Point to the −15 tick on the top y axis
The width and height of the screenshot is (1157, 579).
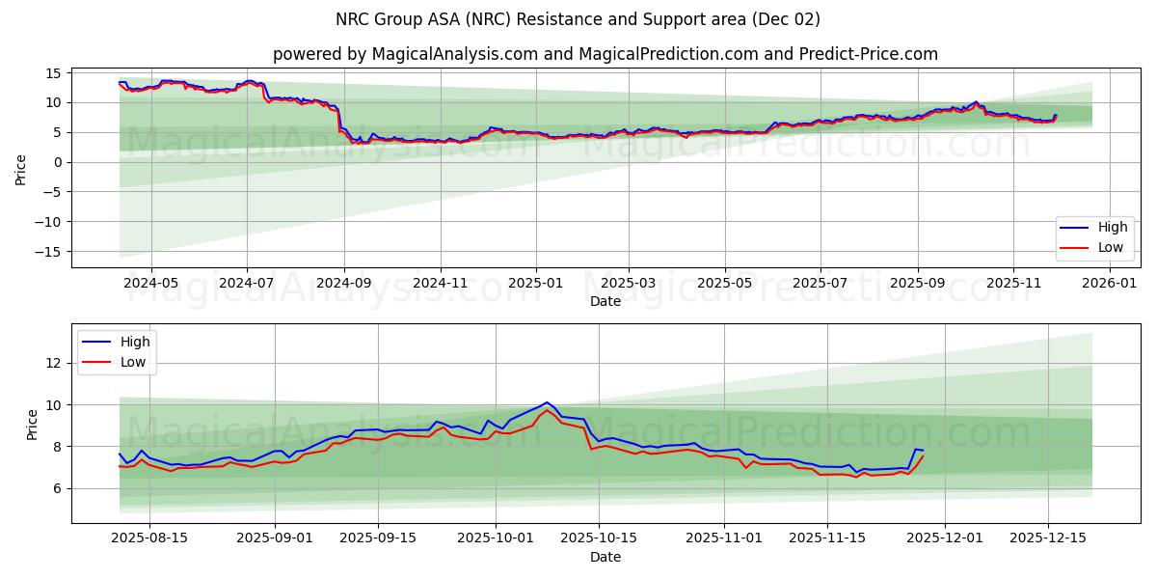tap(49, 252)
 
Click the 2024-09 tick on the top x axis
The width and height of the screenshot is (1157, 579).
tap(344, 284)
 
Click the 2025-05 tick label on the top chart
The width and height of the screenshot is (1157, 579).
tap(724, 284)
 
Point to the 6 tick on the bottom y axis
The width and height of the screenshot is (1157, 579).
tap(57, 488)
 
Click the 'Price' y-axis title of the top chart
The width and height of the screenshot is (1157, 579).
tap(21, 170)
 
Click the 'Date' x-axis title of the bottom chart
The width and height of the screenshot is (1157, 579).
tap(605, 557)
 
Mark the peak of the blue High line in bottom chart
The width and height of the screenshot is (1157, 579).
tap(547, 402)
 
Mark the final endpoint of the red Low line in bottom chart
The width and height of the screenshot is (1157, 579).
tap(923, 456)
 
